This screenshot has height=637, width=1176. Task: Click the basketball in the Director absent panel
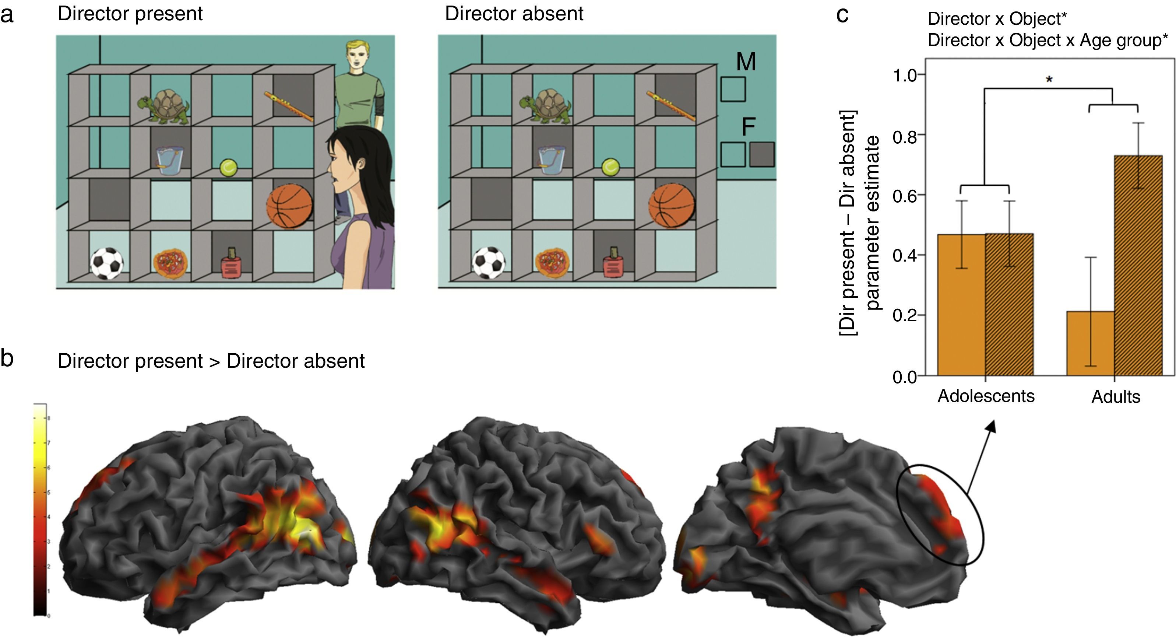672,205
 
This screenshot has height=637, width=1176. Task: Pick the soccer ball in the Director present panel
106,263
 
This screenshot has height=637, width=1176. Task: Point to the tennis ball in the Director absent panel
610,167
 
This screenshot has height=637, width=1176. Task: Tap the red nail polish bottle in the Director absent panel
613,263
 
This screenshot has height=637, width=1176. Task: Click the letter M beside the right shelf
746,61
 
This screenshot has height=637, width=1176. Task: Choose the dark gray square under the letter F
761,154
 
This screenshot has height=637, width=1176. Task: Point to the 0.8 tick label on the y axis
904,136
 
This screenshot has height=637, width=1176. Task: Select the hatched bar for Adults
1138,265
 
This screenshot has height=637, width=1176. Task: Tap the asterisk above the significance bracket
1049,80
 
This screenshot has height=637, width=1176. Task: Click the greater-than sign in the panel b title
214,361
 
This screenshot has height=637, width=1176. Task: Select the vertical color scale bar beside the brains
40,510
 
